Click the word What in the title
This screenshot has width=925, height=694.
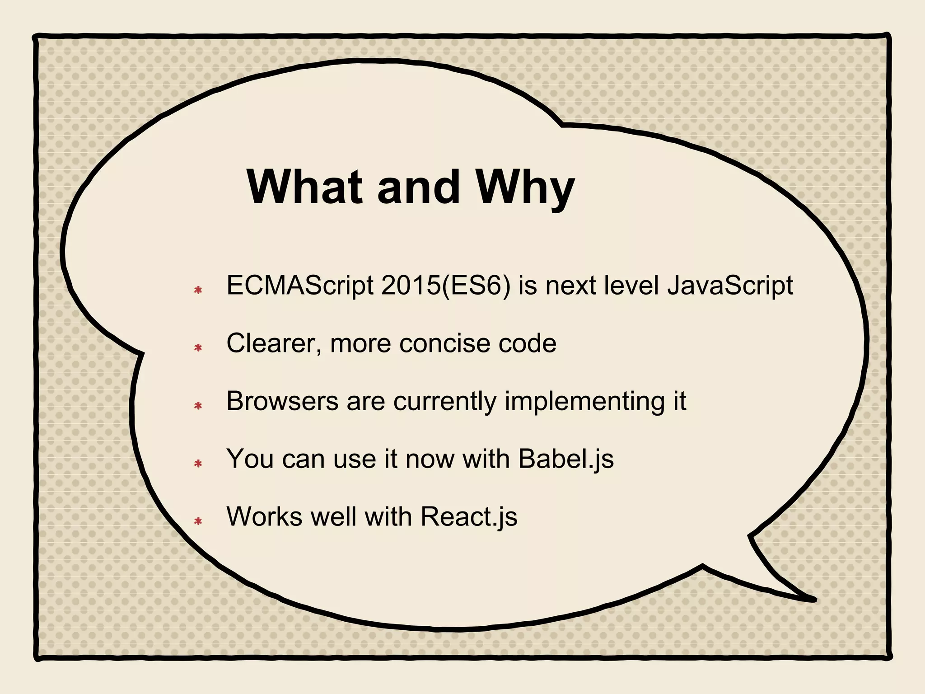[x=304, y=187]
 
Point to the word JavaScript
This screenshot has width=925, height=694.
[x=730, y=286]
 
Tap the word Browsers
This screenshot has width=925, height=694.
[x=282, y=401]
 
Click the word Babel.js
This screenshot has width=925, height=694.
[x=566, y=459]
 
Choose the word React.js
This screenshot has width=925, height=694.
[x=469, y=517]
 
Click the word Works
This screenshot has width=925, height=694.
[x=264, y=516]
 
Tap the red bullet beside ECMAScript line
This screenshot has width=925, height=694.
[x=198, y=290]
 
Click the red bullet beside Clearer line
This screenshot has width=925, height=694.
[x=198, y=348]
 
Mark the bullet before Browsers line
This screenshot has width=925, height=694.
[x=198, y=406]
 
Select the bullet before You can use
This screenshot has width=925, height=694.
[x=198, y=464]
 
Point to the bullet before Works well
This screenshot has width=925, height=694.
[x=198, y=521]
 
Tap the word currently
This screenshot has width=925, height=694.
[x=444, y=402]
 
